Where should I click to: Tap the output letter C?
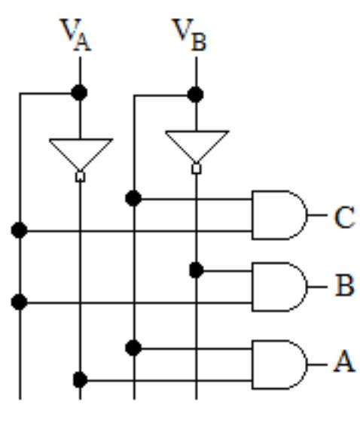[x=343, y=218]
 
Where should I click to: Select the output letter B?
[x=343, y=287]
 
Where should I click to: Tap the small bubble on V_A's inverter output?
[x=80, y=176]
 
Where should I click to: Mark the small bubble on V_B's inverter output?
[x=197, y=169]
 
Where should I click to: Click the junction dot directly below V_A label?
[x=79, y=93]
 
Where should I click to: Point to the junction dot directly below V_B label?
[x=196, y=95]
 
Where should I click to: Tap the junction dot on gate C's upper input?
[x=133, y=199]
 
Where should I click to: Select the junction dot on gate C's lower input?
[x=20, y=230]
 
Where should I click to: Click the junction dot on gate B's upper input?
[x=196, y=269]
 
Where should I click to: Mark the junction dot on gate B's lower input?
[x=20, y=303]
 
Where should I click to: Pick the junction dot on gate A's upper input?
[x=133, y=348]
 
